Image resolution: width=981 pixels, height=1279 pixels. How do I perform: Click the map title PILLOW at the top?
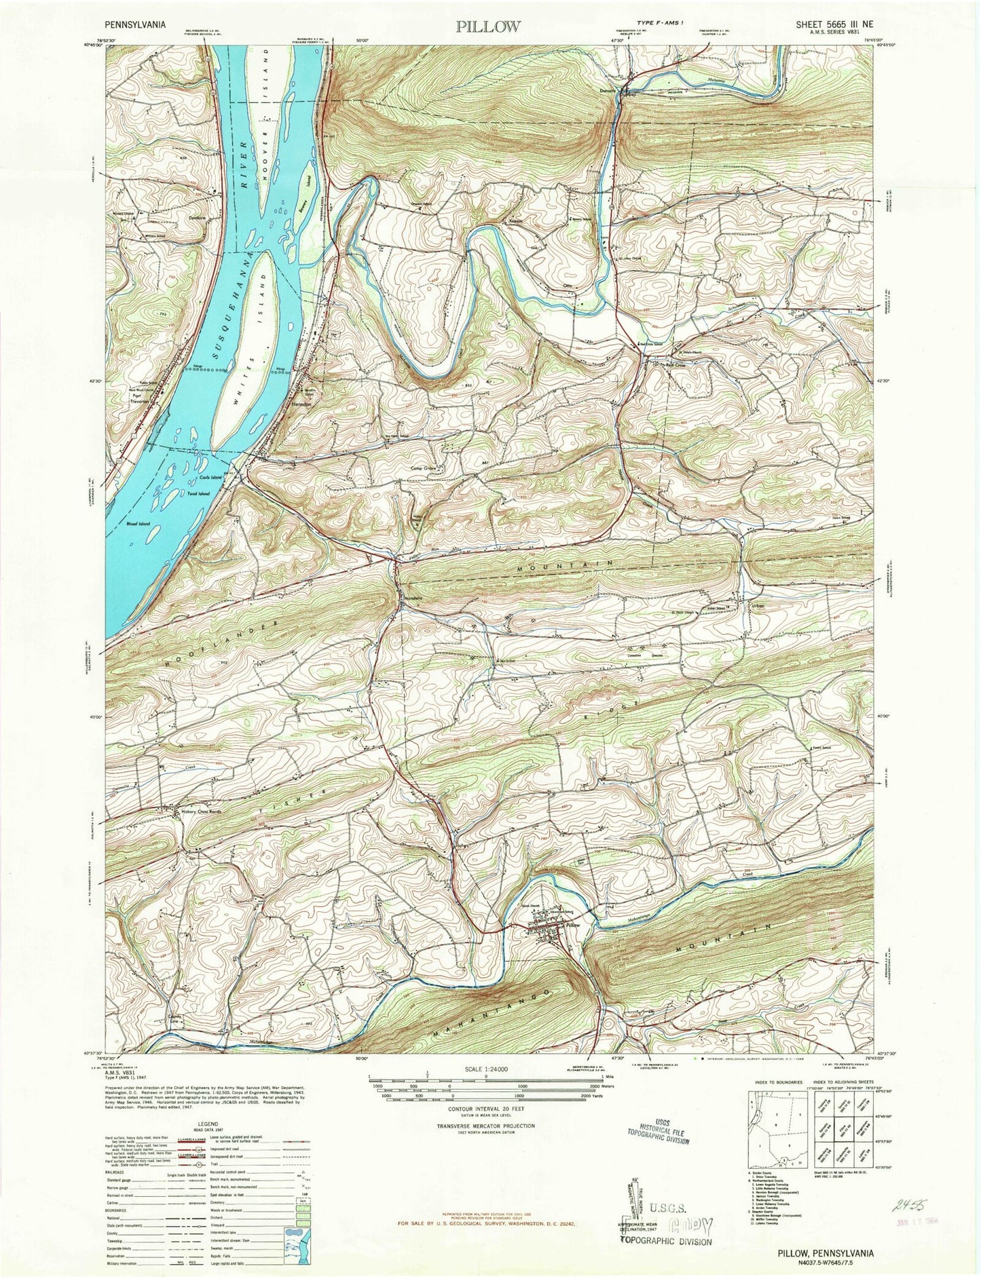(488, 27)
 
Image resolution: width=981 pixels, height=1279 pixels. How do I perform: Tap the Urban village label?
(758, 606)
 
